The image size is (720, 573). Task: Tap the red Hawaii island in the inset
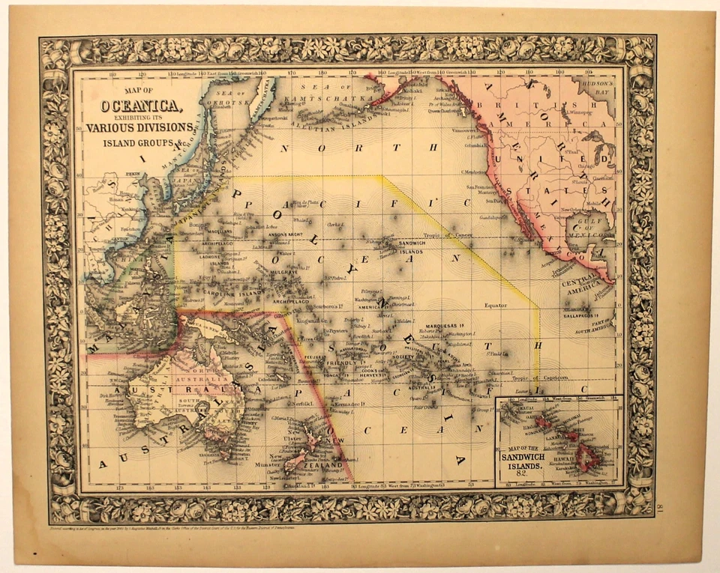587,457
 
